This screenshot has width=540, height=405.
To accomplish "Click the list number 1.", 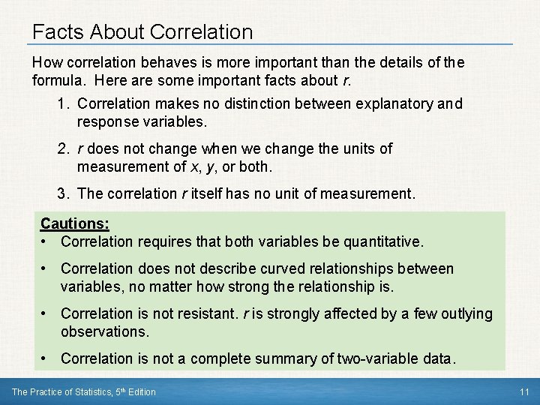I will [x=62, y=103].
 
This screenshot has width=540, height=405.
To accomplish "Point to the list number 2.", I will [x=62, y=148].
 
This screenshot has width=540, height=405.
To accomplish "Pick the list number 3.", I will [x=62, y=193].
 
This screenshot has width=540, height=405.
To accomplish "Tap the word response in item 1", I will [x=109, y=120].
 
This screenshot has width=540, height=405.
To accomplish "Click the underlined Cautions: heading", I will [x=74, y=223].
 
